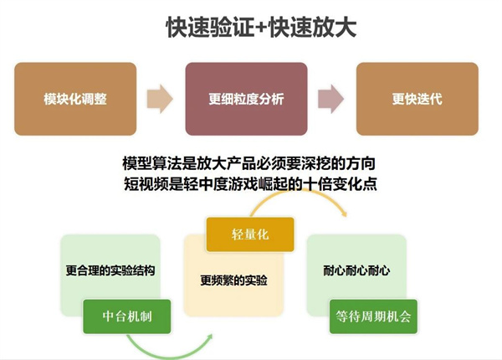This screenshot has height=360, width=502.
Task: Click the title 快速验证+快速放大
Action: click(261, 28)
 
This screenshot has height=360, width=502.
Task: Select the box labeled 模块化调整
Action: click(75, 99)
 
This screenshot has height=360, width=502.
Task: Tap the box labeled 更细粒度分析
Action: click(247, 99)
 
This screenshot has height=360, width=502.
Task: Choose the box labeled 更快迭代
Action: click(417, 99)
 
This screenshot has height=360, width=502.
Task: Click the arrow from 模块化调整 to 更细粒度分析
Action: click(160, 99)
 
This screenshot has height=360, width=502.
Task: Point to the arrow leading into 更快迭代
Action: click(331, 99)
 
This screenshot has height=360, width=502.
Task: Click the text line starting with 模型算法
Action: click(249, 163)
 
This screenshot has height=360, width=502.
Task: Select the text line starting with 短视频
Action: click(250, 183)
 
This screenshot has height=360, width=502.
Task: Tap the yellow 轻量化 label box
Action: click(250, 234)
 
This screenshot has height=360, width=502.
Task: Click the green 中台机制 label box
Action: click(127, 316)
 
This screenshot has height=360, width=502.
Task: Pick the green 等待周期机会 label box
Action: click(374, 316)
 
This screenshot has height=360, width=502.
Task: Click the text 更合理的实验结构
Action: click(110, 270)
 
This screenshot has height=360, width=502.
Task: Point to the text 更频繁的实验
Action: click(233, 280)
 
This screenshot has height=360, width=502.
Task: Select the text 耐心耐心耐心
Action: click(356, 270)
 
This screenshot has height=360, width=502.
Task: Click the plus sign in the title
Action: click(262, 28)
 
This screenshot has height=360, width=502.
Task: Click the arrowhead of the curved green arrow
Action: click(209, 337)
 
